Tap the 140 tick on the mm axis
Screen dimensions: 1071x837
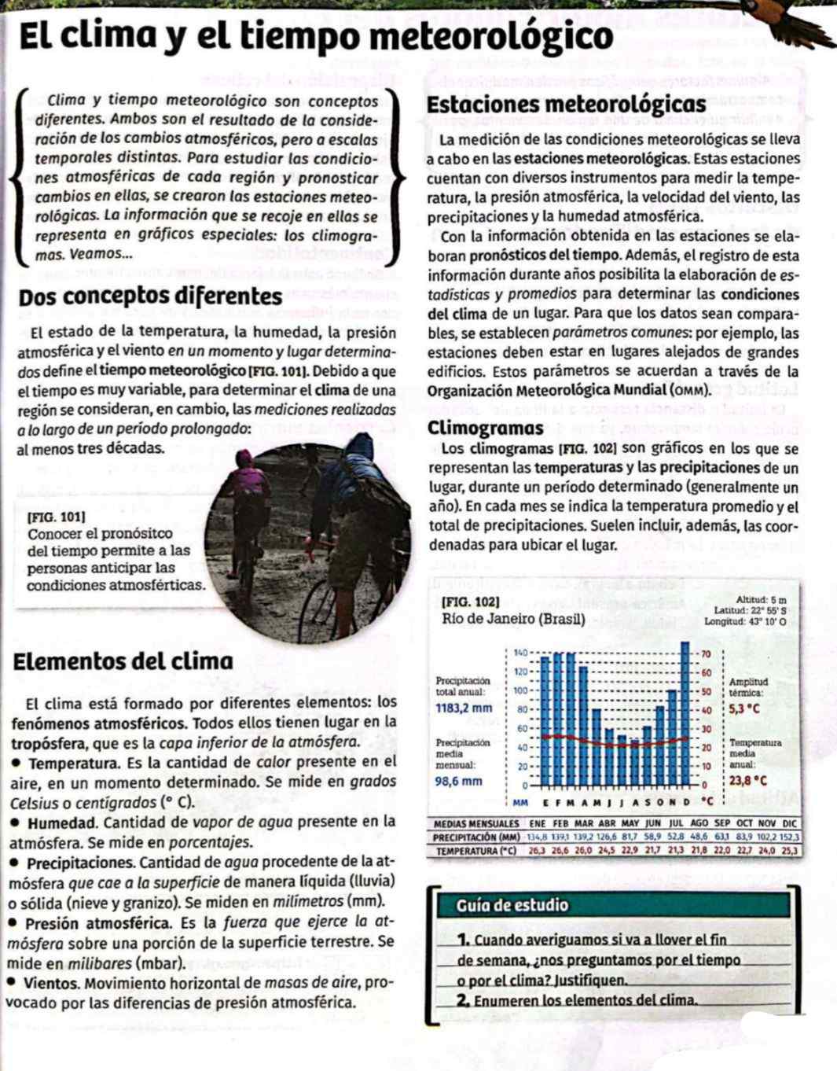(x=519, y=653)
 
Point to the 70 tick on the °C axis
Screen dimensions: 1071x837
(x=706, y=653)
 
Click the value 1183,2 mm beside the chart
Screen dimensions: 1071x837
(x=464, y=708)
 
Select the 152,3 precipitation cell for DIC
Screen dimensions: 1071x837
(x=790, y=837)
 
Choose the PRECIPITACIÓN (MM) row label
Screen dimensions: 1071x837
(x=476, y=837)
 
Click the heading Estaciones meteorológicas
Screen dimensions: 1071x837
(x=566, y=105)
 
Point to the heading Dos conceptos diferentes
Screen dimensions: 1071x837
(x=150, y=297)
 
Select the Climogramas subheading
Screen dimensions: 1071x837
(x=486, y=429)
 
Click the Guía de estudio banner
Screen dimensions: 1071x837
(x=512, y=905)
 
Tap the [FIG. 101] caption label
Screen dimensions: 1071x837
(x=57, y=517)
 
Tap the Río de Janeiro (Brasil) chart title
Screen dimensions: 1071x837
(x=514, y=618)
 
